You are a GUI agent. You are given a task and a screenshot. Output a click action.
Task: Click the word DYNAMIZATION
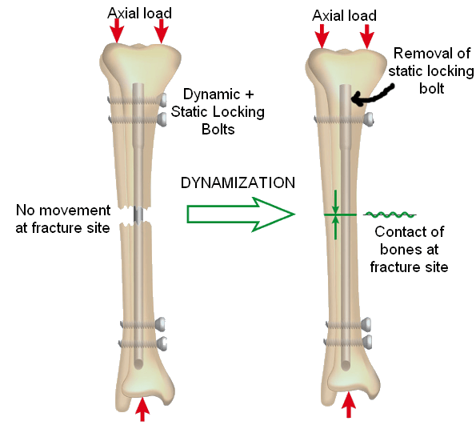[x=238, y=182]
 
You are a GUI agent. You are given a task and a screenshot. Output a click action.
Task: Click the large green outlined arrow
[x=241, y=214]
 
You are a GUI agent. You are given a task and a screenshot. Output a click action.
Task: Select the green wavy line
[x=390, y=214]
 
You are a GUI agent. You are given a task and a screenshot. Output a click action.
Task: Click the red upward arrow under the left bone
[x=142, y=409]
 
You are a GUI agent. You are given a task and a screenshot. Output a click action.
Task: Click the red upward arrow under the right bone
[x=349, y=405]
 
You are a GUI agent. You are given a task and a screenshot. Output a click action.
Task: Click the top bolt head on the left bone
[x=162, y=100]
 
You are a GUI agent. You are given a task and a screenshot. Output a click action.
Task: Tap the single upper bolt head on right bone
[x=369, y=119]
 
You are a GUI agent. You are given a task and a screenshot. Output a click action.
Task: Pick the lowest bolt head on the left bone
[x=162, y=343]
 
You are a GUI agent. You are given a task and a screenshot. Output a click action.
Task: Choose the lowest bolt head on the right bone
[x=367, y=342]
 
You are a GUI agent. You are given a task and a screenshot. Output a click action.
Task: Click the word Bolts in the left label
[x=218, y=130]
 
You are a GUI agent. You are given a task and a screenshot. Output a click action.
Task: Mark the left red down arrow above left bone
[x=117, y=30]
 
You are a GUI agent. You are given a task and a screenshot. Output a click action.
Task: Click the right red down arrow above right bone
[x=366, y=37]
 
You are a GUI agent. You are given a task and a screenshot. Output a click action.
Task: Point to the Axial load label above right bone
[x=344, y=15]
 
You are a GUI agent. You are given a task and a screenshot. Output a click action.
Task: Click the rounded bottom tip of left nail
[x=138, y=364]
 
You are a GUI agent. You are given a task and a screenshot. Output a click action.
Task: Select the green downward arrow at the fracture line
[x=335, y=202]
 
